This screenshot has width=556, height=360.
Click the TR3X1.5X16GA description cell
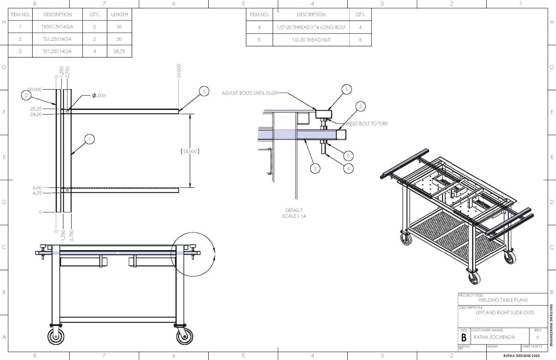point(57,27)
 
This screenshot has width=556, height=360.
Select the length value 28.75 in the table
point(119,51)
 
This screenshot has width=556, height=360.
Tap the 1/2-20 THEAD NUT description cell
point(311,40)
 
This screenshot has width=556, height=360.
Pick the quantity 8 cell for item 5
point(360,40)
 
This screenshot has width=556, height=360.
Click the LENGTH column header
point(119,15)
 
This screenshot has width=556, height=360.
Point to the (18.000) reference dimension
point(190,151)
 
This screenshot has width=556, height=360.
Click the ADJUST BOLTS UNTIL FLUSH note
point(251,93)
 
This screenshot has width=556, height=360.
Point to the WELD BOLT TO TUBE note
point(367,124)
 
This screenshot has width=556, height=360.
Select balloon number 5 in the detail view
point(348,156)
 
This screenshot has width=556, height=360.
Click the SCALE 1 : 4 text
point(295,216)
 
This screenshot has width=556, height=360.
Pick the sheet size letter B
point(463,337)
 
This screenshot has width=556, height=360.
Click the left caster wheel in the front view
point(56,336)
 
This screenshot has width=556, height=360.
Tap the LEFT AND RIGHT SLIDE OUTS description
point(505,313)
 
